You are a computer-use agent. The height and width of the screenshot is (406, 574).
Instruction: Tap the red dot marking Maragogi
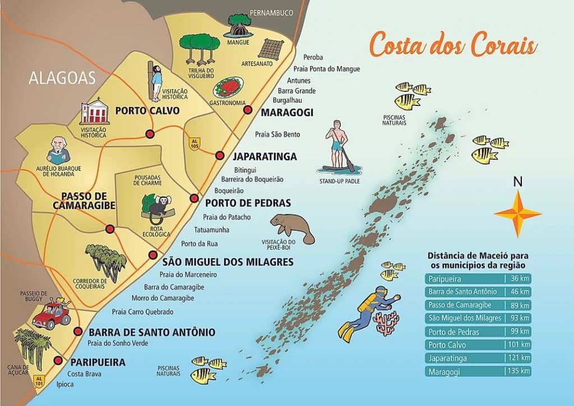click(x=248, y=110)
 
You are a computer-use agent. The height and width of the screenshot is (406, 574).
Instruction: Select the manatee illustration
click(x=293, y=227)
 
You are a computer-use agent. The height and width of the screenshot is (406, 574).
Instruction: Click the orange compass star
click(x=517, y=214)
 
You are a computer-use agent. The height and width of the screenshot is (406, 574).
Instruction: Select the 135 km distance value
click(x=519, y=371)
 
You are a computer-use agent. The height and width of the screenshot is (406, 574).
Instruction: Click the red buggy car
click(x=51, y=317)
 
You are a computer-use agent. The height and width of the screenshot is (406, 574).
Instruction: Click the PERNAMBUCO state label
click(x=272, y=13)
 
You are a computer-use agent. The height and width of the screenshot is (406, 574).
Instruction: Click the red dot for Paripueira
click(x=58, y=361)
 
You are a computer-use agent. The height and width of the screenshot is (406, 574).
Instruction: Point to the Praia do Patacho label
click(x=226, y=217)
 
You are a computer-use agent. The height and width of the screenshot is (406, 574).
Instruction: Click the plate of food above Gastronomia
click(x=228, y=87)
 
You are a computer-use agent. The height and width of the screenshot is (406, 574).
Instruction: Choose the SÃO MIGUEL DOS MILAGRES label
click(x=228, y=262)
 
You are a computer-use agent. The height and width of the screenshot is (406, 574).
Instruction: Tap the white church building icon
click(x=93, y=113)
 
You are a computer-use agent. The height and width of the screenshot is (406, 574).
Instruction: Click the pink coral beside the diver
click(x=386, y=324)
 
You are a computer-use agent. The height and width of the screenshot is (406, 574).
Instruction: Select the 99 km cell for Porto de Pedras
click(x=519, y=331)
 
